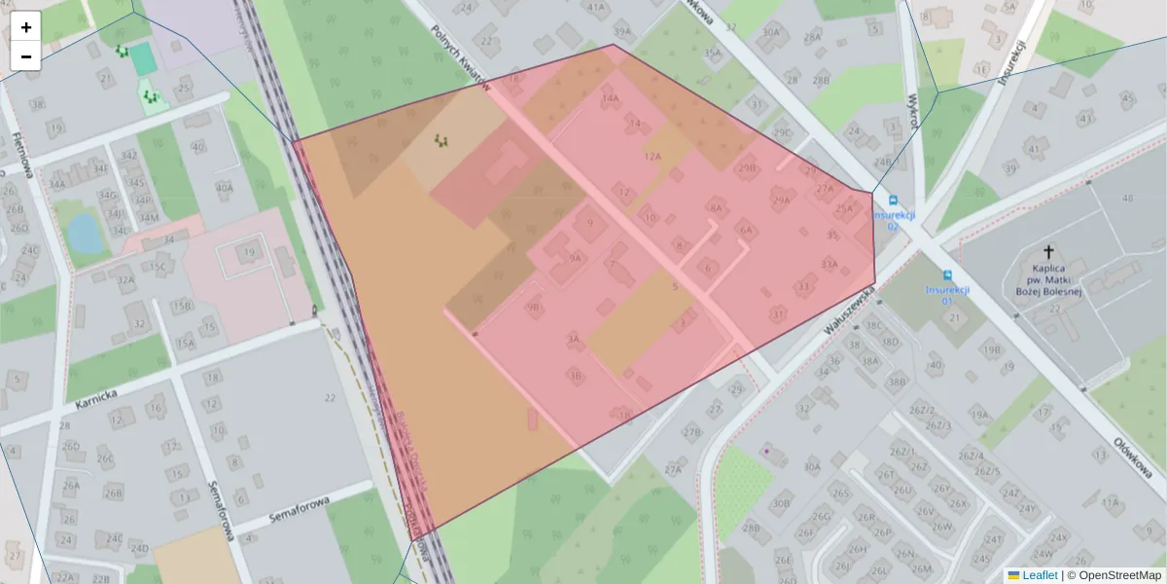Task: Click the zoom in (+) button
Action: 26,26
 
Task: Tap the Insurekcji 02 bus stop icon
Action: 880,200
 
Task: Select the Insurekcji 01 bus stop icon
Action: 947,275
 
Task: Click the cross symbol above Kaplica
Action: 1048,251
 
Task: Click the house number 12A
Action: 652,156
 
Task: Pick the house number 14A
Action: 611,98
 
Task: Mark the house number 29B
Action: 747,168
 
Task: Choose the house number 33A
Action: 829,263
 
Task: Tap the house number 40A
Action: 224,188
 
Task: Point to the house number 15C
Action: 157,267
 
